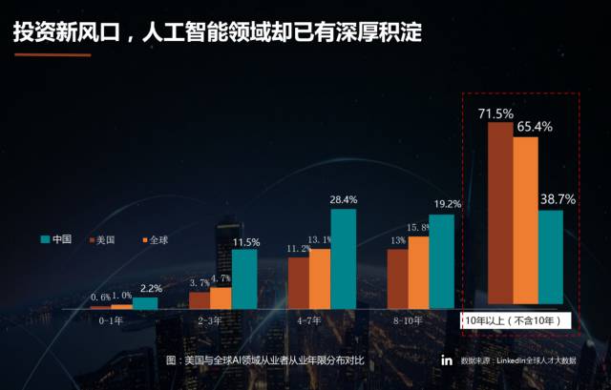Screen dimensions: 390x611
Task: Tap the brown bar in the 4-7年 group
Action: pyautogui.click(x=299, y=283)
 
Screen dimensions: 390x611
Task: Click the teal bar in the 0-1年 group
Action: pyautogui.click(x=145, y=303)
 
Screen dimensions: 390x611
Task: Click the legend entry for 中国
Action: pyautogui.click(x=57, y=239)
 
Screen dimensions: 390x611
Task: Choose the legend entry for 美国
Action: pyautogui.click(x=102, y=239)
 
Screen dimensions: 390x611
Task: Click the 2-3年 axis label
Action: pyautogui.click(x=210, y=321)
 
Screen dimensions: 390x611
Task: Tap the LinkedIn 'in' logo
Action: pyautogui.click(x=447, y=360)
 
